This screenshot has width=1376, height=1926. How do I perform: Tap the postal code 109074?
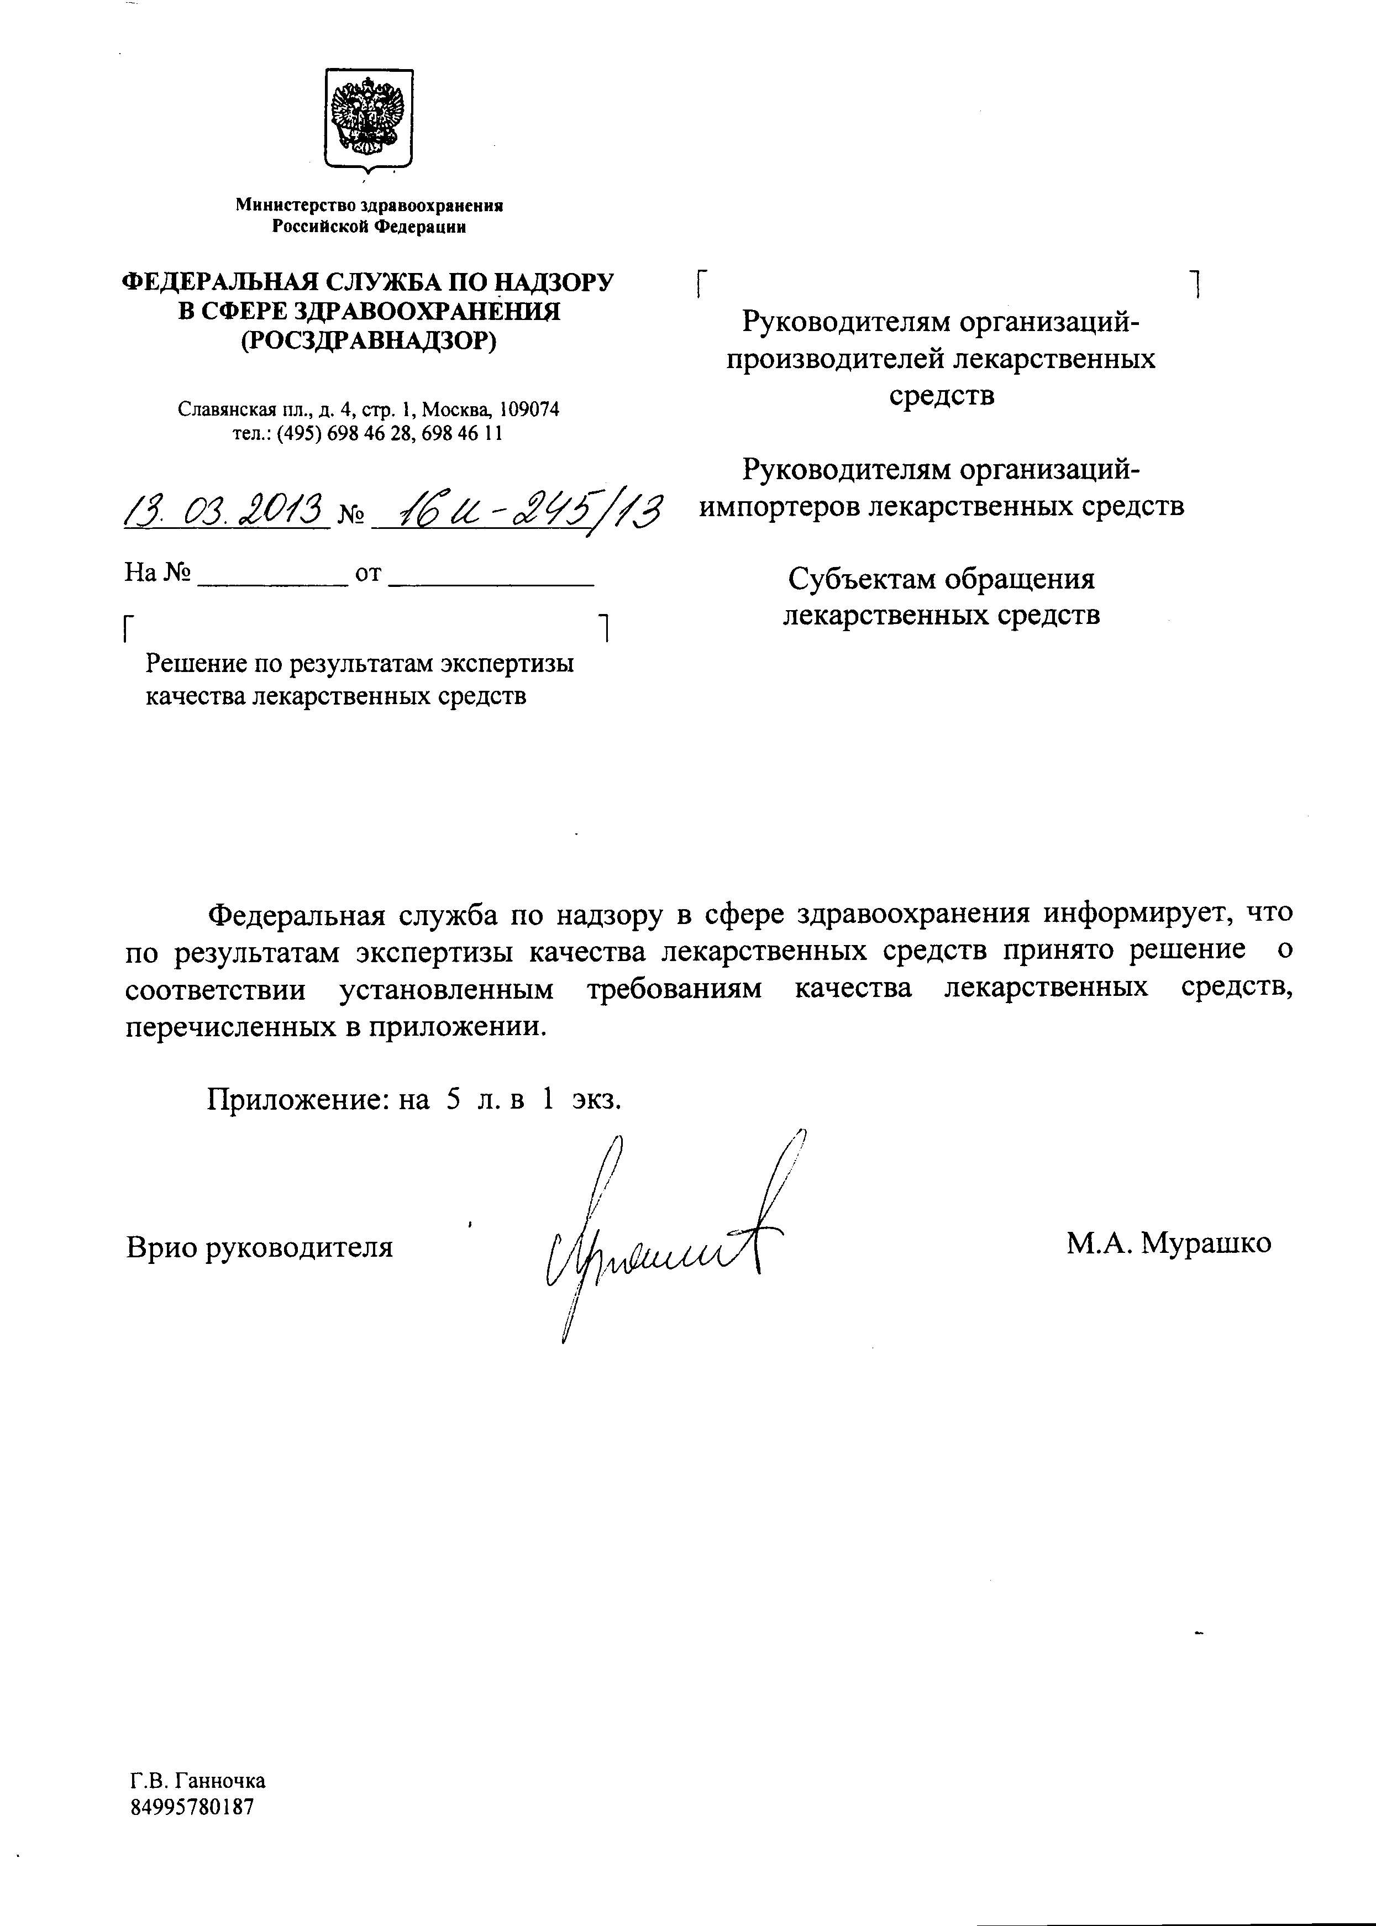pyautogui.click(x=529, y=410)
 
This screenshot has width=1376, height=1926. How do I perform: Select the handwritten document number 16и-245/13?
pyautogui.click(x=517, y=511)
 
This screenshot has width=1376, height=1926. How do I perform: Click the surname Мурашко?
pyautogui.click(x=1206, y=1243)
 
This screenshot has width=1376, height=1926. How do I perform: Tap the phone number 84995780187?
pyautogui.click(x=192, y=1806)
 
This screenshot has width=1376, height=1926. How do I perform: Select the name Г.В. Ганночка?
pyautogui.click(x=197, y=1780)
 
